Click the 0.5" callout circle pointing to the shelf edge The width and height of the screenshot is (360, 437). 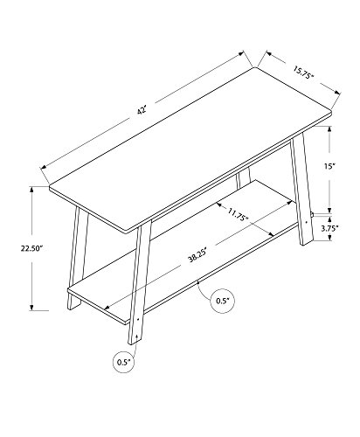(x=223, y=302)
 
